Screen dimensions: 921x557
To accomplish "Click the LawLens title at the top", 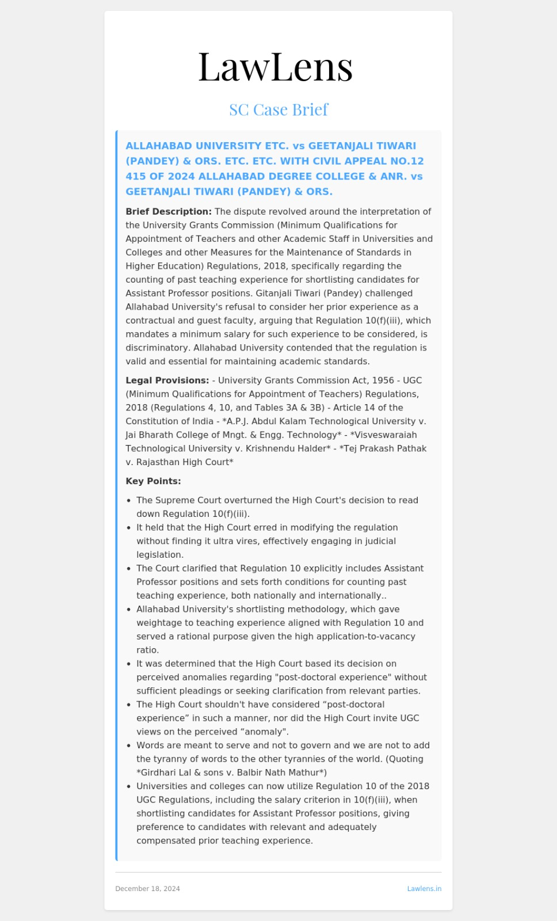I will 275,67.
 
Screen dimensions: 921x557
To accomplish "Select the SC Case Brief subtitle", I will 278,109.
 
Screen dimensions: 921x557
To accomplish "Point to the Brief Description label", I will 169,212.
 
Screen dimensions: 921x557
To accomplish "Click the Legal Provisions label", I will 167,380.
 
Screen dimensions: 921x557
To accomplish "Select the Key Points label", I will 153,481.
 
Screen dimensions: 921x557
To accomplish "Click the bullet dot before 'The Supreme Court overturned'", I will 129,501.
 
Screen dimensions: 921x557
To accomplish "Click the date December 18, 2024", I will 147,889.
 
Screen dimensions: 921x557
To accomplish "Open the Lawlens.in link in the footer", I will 424,889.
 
